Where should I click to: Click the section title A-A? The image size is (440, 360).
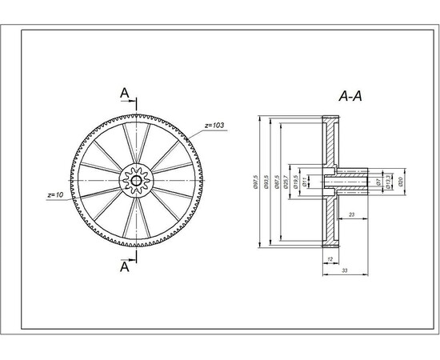click(350, 97)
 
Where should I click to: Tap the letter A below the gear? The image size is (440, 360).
click(125, 268)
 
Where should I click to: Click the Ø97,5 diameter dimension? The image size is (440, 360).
click(255, 182)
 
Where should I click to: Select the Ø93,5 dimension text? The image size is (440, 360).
click(266, 182)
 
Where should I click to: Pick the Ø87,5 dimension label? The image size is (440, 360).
click(278, 182)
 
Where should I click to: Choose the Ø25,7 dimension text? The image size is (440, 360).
click(288, 182)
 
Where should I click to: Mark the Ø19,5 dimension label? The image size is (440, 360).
click(297, 182)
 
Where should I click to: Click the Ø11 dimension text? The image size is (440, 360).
click(306, 182)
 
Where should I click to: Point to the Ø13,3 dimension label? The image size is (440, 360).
click(388, 182)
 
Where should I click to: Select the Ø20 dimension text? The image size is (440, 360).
click(399, 182)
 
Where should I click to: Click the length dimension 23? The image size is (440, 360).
click(351, 214)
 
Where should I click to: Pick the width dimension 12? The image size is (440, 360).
click(330, 259)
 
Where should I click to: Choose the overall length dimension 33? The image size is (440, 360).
click(343, 272)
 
